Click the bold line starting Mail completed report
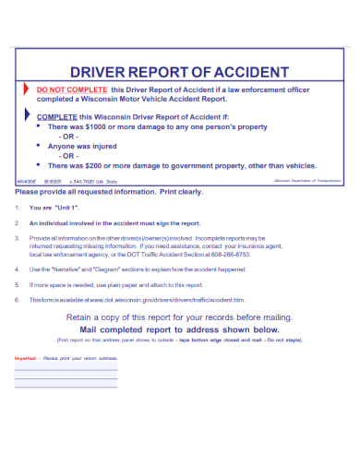pos(179,329)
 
